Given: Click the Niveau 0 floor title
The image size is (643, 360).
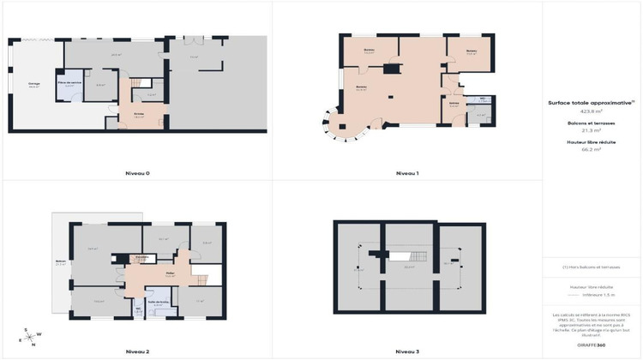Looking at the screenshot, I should (x=136, y=173).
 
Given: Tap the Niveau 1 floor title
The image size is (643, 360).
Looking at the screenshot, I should (x=407, y=173).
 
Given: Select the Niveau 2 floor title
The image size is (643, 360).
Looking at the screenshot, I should (x=136, y=351).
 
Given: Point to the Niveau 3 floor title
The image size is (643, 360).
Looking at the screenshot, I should (x=407, y=351).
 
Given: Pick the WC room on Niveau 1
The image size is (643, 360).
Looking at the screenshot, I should (x=484, y=100).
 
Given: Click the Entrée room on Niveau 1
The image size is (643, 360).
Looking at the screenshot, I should (x=454, y=106).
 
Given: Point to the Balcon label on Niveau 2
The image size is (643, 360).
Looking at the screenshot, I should (x=60, y=263).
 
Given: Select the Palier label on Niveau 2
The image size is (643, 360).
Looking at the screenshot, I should (x=170, y=275).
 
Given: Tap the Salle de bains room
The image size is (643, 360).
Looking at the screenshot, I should (x=158, y=303).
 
